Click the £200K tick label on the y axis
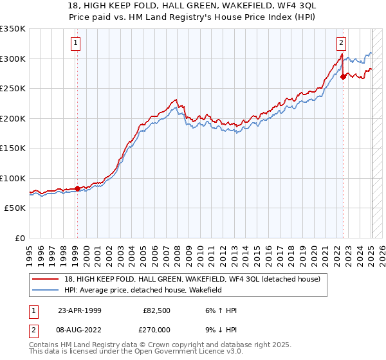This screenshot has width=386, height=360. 13,118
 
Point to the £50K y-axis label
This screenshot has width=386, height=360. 15,208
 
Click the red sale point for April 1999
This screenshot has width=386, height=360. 77,188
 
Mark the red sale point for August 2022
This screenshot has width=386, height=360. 343,76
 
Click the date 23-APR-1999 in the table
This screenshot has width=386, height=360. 79,310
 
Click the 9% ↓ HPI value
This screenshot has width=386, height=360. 219,330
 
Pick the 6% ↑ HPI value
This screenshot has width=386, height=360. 219,310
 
